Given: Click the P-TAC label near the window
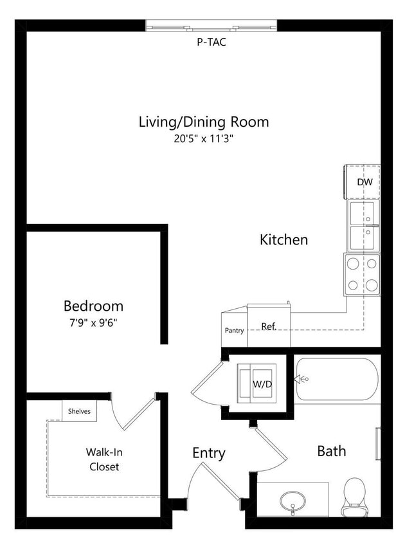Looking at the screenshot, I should [211, 42].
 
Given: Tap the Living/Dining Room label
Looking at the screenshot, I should [203, 122].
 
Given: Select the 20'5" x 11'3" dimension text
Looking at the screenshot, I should [203, 139].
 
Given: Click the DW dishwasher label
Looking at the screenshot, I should [364, 182].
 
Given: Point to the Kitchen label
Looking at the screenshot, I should [283, 240].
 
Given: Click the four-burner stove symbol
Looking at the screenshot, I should [362, 274].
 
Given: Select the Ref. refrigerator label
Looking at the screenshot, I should [269, 327].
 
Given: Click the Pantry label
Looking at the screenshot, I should [234, 331].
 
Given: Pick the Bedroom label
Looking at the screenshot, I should [93, 306].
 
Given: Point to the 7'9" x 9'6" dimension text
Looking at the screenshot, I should [93, 323].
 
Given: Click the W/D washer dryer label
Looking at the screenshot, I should [262, 384].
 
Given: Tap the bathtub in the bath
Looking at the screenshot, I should [337, 380].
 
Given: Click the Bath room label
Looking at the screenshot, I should [331, 451].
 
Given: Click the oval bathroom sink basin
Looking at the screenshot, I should [292, 499].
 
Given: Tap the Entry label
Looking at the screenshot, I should [209, 453].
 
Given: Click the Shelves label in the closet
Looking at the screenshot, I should [79, 411].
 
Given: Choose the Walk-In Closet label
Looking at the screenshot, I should [104, 459].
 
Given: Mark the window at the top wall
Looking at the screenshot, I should [212, 26].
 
